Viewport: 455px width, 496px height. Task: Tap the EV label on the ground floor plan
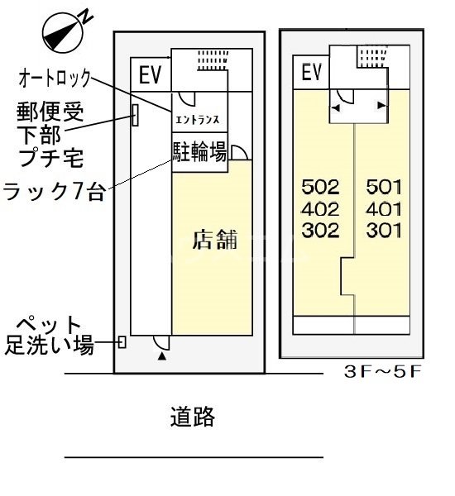150,75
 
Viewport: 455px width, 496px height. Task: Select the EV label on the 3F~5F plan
311,73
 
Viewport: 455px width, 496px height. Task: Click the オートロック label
55,80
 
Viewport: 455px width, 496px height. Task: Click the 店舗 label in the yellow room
214,241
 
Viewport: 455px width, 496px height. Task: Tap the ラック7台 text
55,193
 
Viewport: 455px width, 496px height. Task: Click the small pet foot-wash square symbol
122,341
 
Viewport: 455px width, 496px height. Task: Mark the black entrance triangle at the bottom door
161,356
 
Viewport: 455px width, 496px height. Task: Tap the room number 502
321,187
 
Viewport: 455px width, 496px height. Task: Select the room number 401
383,208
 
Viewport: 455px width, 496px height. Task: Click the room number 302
321,231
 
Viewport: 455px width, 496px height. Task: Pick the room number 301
383,231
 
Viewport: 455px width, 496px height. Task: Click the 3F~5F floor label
383,371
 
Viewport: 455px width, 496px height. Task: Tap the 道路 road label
193,417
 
